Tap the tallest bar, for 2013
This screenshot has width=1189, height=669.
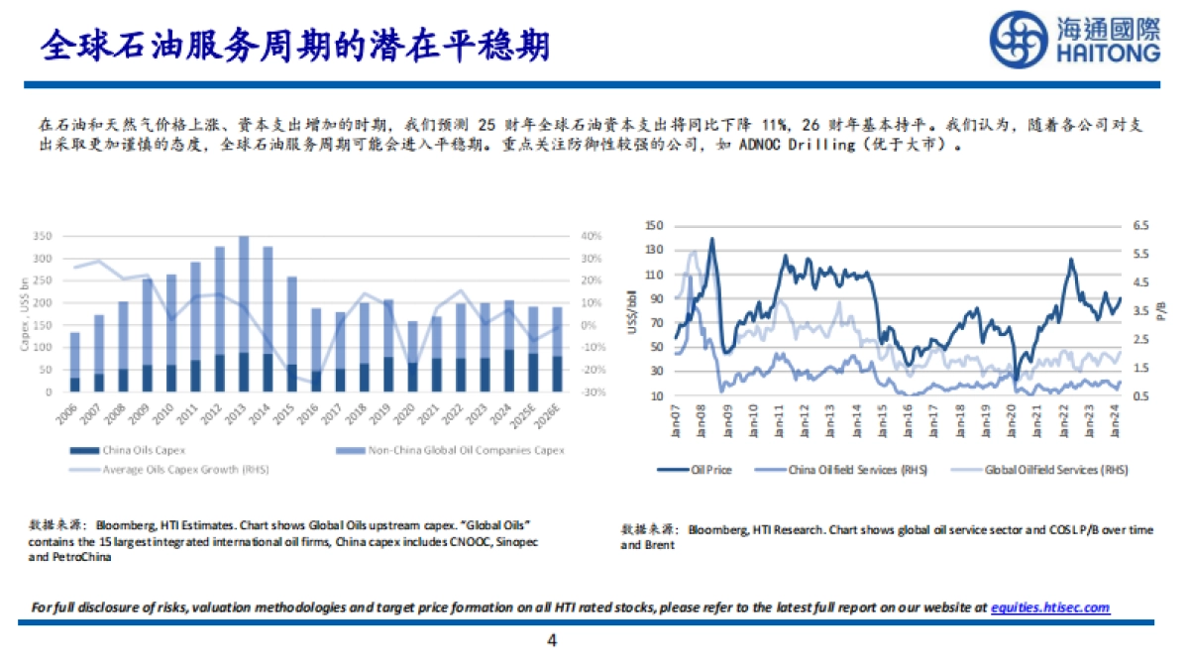click(x=245, y=314)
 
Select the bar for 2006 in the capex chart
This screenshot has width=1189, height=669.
click(x=75, y=363)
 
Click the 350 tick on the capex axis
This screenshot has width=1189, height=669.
click(x=42, y=237)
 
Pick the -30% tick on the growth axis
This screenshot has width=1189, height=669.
click(x=593, y=392)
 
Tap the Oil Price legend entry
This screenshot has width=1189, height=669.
click(x=710, y=470)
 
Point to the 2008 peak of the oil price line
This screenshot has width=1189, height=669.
click(x=711, y=240)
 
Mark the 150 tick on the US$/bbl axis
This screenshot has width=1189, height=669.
click(x=652, y=226)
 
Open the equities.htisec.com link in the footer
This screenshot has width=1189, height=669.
click(x=1050, y=608)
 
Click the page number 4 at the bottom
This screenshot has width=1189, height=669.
click(x=552, y=641)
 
